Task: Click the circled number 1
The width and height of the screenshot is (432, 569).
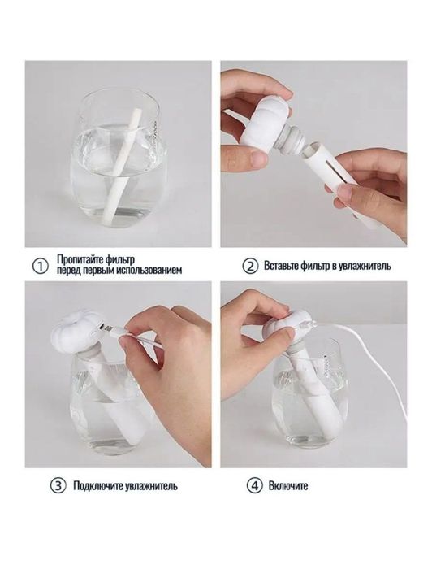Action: click(37, 266)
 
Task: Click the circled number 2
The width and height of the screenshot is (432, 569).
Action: click(250, 266)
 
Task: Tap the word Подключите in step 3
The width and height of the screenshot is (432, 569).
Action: click(93, 487)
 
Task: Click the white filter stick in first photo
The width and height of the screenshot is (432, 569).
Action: click(127, 154)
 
